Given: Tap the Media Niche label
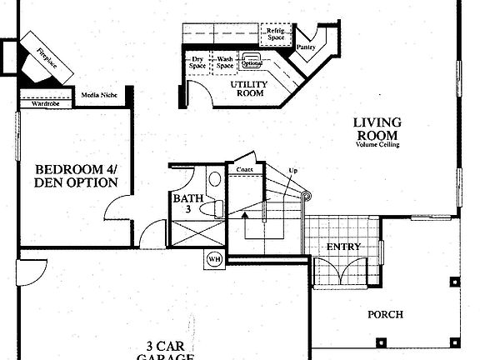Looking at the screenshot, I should tap(98, 96).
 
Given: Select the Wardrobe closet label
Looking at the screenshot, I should tap(45, 104).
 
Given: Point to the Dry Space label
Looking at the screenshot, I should tap(198, 62).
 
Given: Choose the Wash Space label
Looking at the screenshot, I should tap(225, 62).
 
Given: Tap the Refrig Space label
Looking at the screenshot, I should tap(276, 34).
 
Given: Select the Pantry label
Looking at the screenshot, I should tap(306, 47).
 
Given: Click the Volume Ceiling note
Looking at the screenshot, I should tap(377, 145).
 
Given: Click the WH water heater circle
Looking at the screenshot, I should tap(214, 257).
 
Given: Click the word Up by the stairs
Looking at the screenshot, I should tap(292, 170).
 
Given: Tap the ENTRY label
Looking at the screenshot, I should tap(342, 247).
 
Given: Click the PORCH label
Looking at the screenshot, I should tap(385, 314).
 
